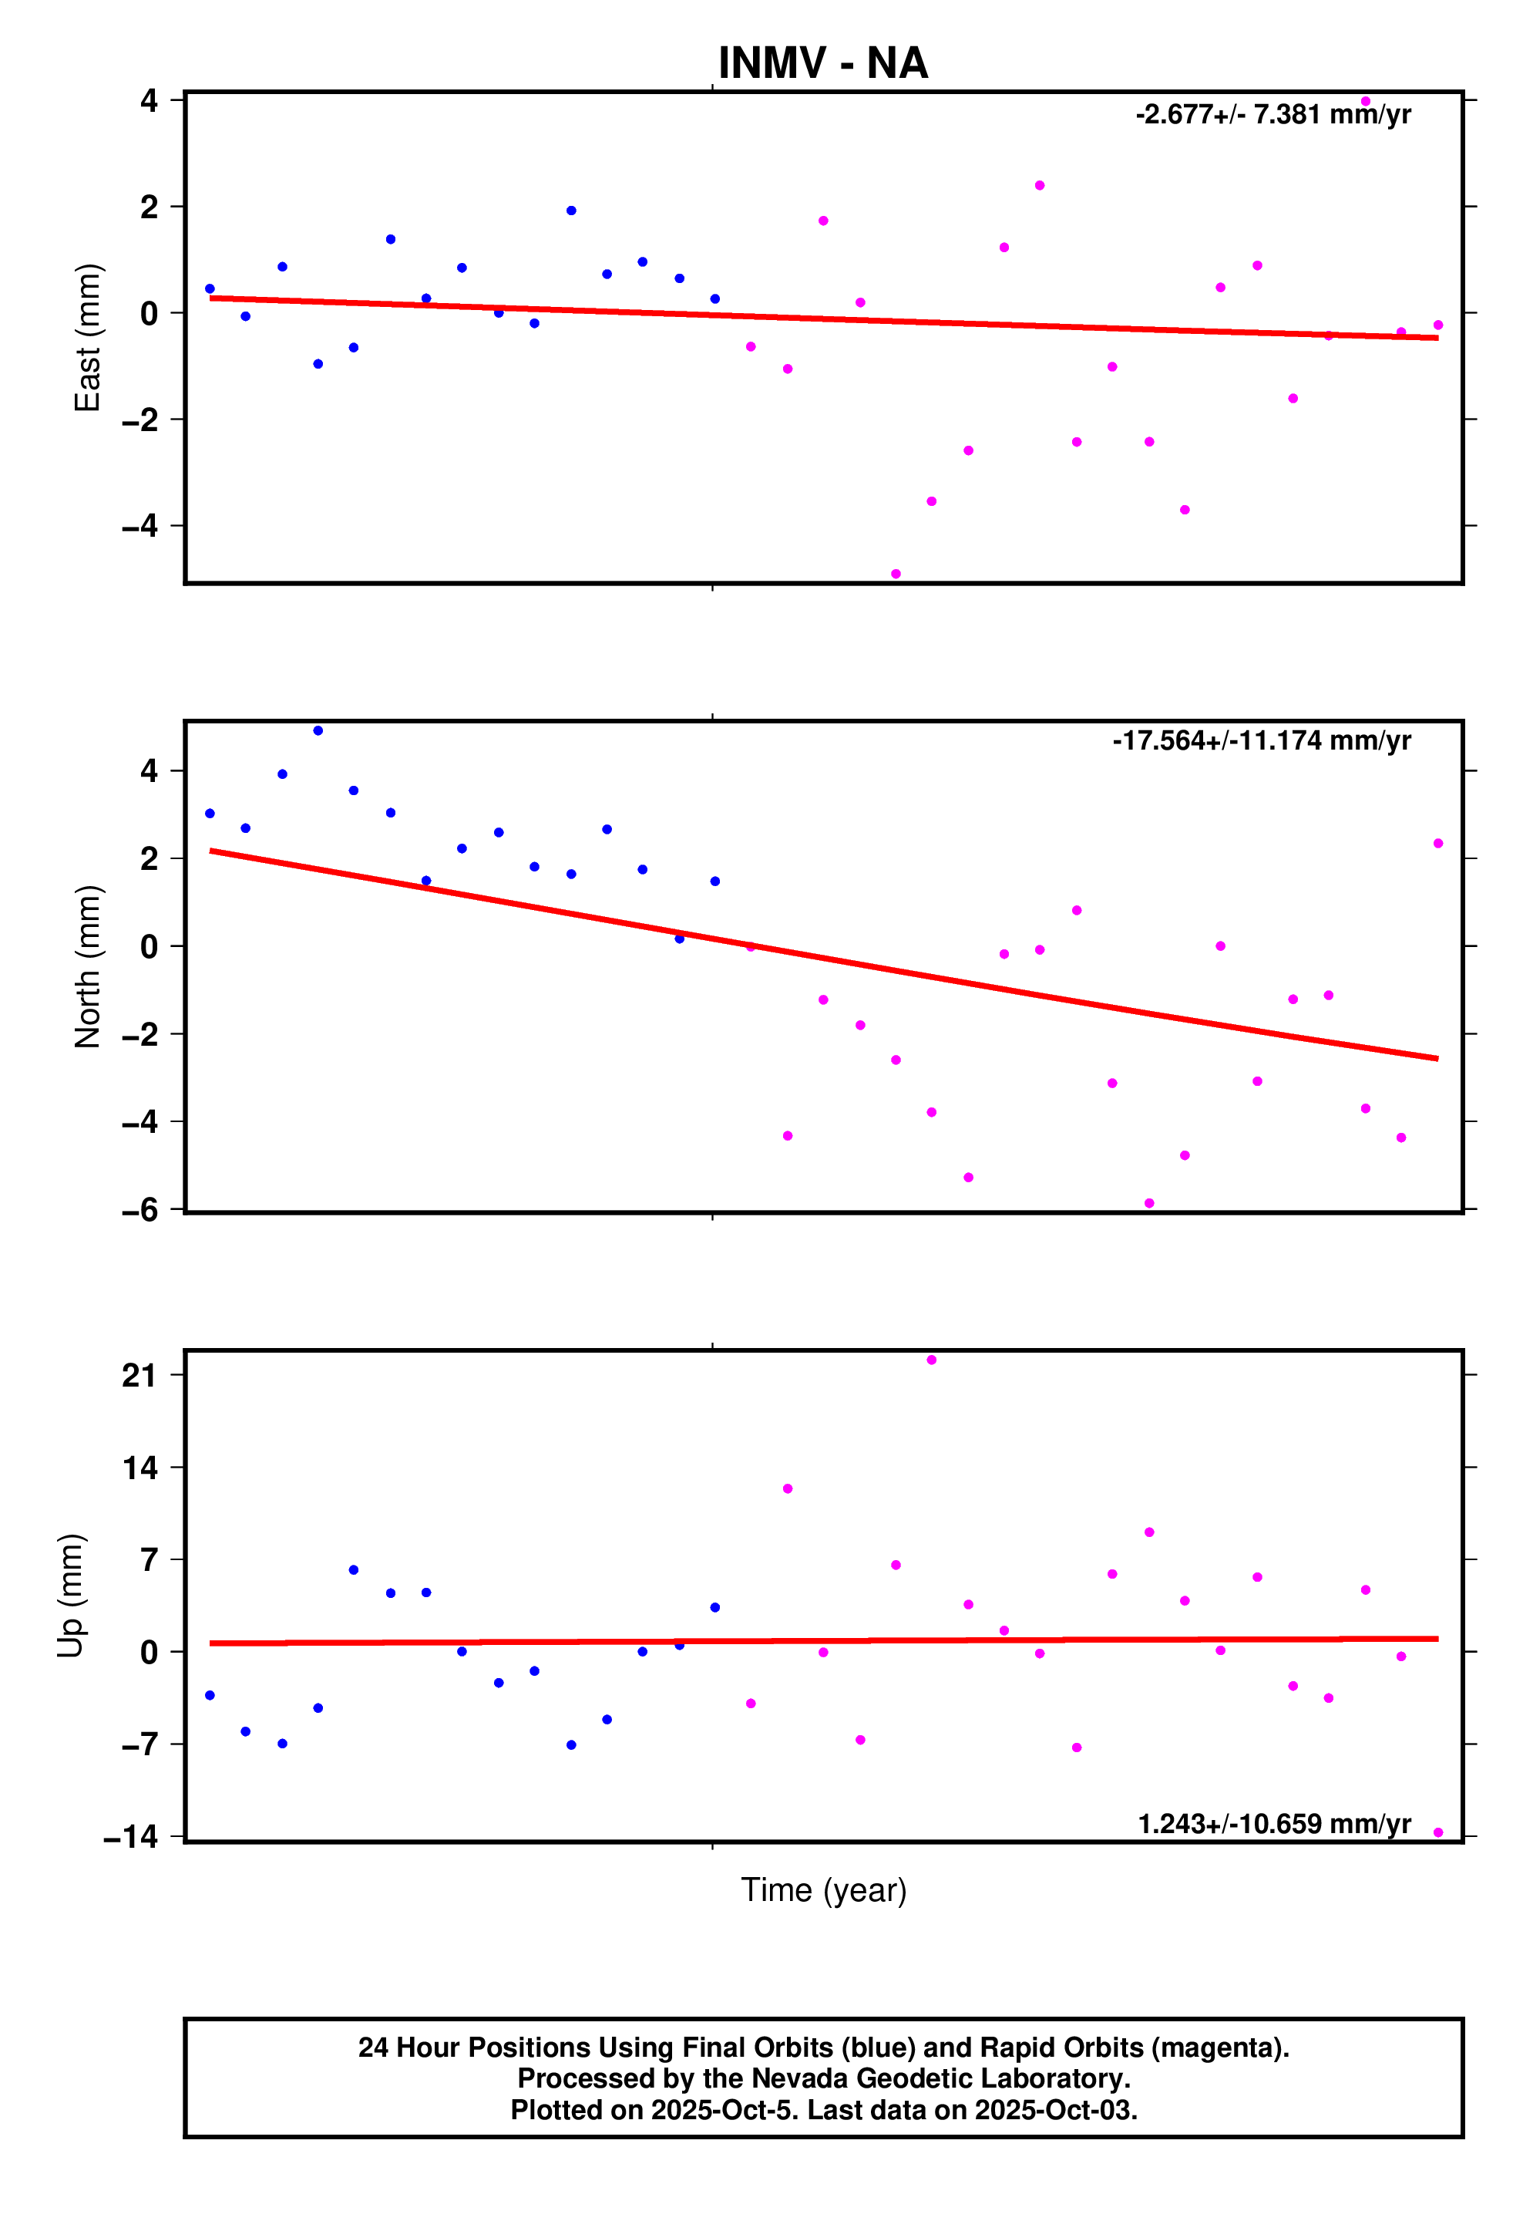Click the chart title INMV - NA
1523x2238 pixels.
click(x=822, y=63)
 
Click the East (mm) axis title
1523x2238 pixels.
click(x=88, y=337)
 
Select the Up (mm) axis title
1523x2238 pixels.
click(x=70, y=1596)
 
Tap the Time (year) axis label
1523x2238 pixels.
click(x=823, y=1890)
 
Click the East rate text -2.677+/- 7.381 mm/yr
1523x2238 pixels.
click(x=1273, y=115)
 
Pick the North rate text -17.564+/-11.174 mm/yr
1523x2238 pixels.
click(x=1261, y=740)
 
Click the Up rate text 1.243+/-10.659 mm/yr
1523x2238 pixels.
click(x=1273, y=1824)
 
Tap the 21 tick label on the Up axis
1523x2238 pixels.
click(x=140, y=1375)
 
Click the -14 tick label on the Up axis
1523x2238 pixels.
click(x=131, y=1836)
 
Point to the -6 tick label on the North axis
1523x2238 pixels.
click(x=140, y=1211)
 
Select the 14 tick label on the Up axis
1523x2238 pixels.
click(x=140, y=1468)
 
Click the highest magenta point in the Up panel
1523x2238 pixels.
click(x=931, y=1360)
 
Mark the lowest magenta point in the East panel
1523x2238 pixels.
click(x=896, y=574)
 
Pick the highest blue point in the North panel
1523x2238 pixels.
click(x=318, y=731)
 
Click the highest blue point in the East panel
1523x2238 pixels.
click(x=571, y=211)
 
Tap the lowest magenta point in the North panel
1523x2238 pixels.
click(x=1148, y=1204)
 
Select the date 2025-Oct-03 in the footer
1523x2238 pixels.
click(x=1055, y=2110)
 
